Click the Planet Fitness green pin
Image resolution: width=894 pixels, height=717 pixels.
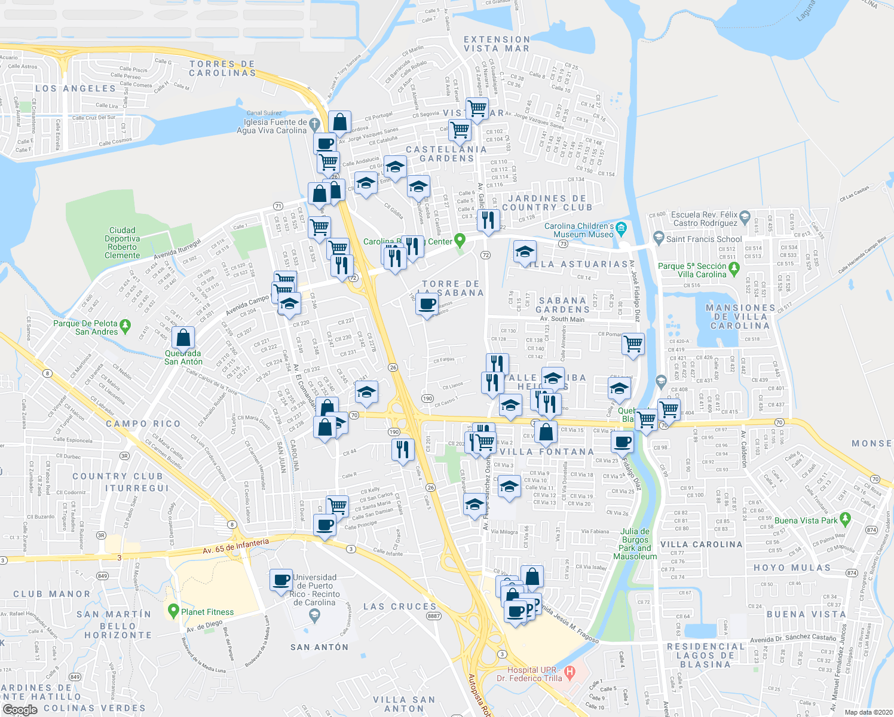pyautogui.click(x=173, y=611)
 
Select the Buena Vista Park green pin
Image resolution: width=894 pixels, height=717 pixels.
pyautogui.click(x=844, y=519)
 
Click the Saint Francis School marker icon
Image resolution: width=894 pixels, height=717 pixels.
pyautogui.click(x=658, y=238)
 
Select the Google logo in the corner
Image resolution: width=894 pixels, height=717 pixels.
pyautogui.click(x=20, y=710)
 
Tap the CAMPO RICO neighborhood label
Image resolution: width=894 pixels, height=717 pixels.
pyautogui.click(x=143, y=424)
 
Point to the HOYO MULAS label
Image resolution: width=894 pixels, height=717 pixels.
pyautogui.click(x=792, y=568)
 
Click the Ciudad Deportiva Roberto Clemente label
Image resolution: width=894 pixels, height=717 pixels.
pyautogui.click(x=123, y=243)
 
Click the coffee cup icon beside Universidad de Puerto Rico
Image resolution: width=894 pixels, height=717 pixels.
pyautogui.click(x=281, y=580)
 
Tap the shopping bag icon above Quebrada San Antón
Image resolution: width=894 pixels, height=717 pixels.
pyautogui.click(x=183, y=338)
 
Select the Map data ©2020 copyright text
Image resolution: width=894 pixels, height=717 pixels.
pyautogui.click(x=867, y=712)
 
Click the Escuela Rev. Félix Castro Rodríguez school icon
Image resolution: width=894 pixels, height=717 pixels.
pyautogui.click(x=744, y=216)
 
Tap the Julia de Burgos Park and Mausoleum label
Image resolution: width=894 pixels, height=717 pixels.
pyautogui.click(x=635, y=544)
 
